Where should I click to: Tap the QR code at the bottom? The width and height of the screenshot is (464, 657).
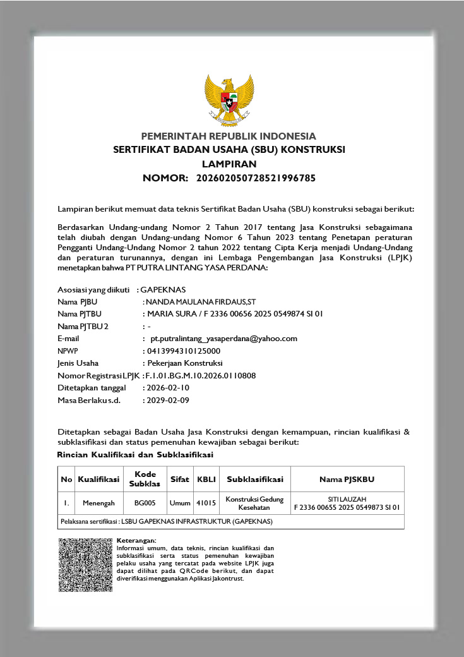(85, 565)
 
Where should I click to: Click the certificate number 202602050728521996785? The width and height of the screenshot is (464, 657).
(256, 178)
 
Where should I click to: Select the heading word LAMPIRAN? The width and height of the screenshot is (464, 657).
(229, 164)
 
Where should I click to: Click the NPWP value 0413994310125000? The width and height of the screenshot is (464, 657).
(183, 351)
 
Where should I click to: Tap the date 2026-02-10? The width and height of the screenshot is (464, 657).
(167, 387)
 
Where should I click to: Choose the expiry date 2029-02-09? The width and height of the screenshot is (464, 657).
(167, 400)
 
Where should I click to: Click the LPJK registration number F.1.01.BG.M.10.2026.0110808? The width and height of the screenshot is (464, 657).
(200, 375)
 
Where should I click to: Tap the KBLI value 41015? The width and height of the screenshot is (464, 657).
(206, 503)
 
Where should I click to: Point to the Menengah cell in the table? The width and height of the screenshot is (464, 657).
(98, 503)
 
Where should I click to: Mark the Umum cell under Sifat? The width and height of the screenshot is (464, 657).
(180, 503)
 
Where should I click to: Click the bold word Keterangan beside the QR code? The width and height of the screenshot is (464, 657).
(136, 541)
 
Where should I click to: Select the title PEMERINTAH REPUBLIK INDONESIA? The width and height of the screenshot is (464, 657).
(229, 136)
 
